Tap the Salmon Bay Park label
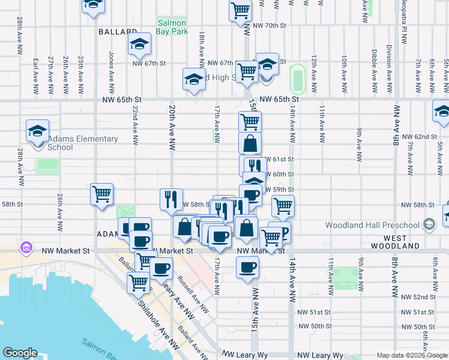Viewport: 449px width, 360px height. tap(173, 26)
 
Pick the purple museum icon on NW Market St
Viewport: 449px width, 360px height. tap(26, 247)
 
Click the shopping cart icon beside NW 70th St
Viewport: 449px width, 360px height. tap(240, 11)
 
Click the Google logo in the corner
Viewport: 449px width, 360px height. tap(20, 353)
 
